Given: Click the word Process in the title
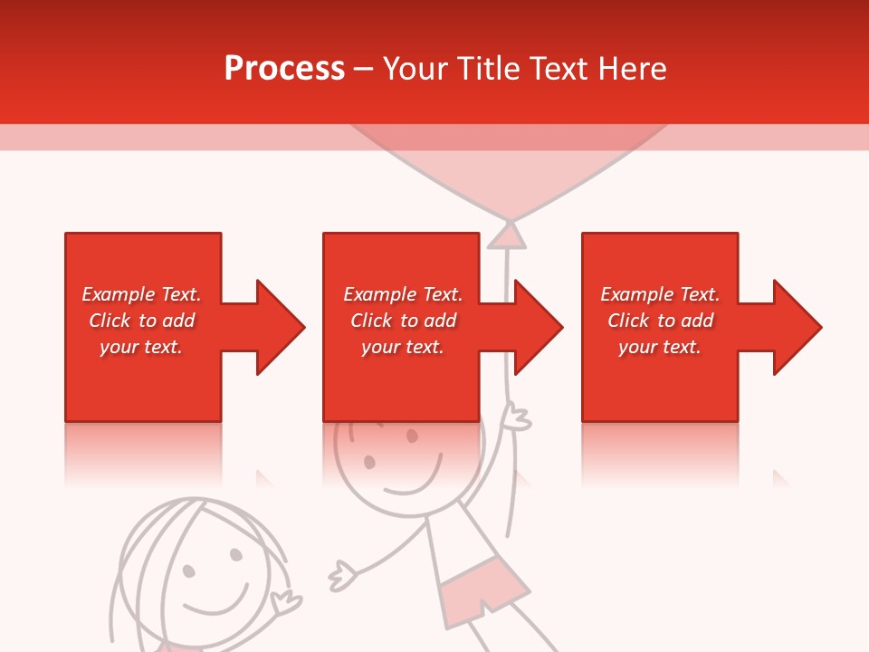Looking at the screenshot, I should [x=284, y=69].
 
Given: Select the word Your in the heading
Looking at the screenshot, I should [x=413, y=69].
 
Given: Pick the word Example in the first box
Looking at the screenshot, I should [x=119, y=294].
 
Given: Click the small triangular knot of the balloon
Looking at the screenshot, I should [x=508, y=236].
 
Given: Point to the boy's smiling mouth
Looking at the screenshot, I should [x=413, y=480].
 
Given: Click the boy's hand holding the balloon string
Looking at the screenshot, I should [x=517, y=418].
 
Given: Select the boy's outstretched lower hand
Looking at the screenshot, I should [x=342, y=574].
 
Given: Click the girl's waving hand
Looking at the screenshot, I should [x=288, y=598].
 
